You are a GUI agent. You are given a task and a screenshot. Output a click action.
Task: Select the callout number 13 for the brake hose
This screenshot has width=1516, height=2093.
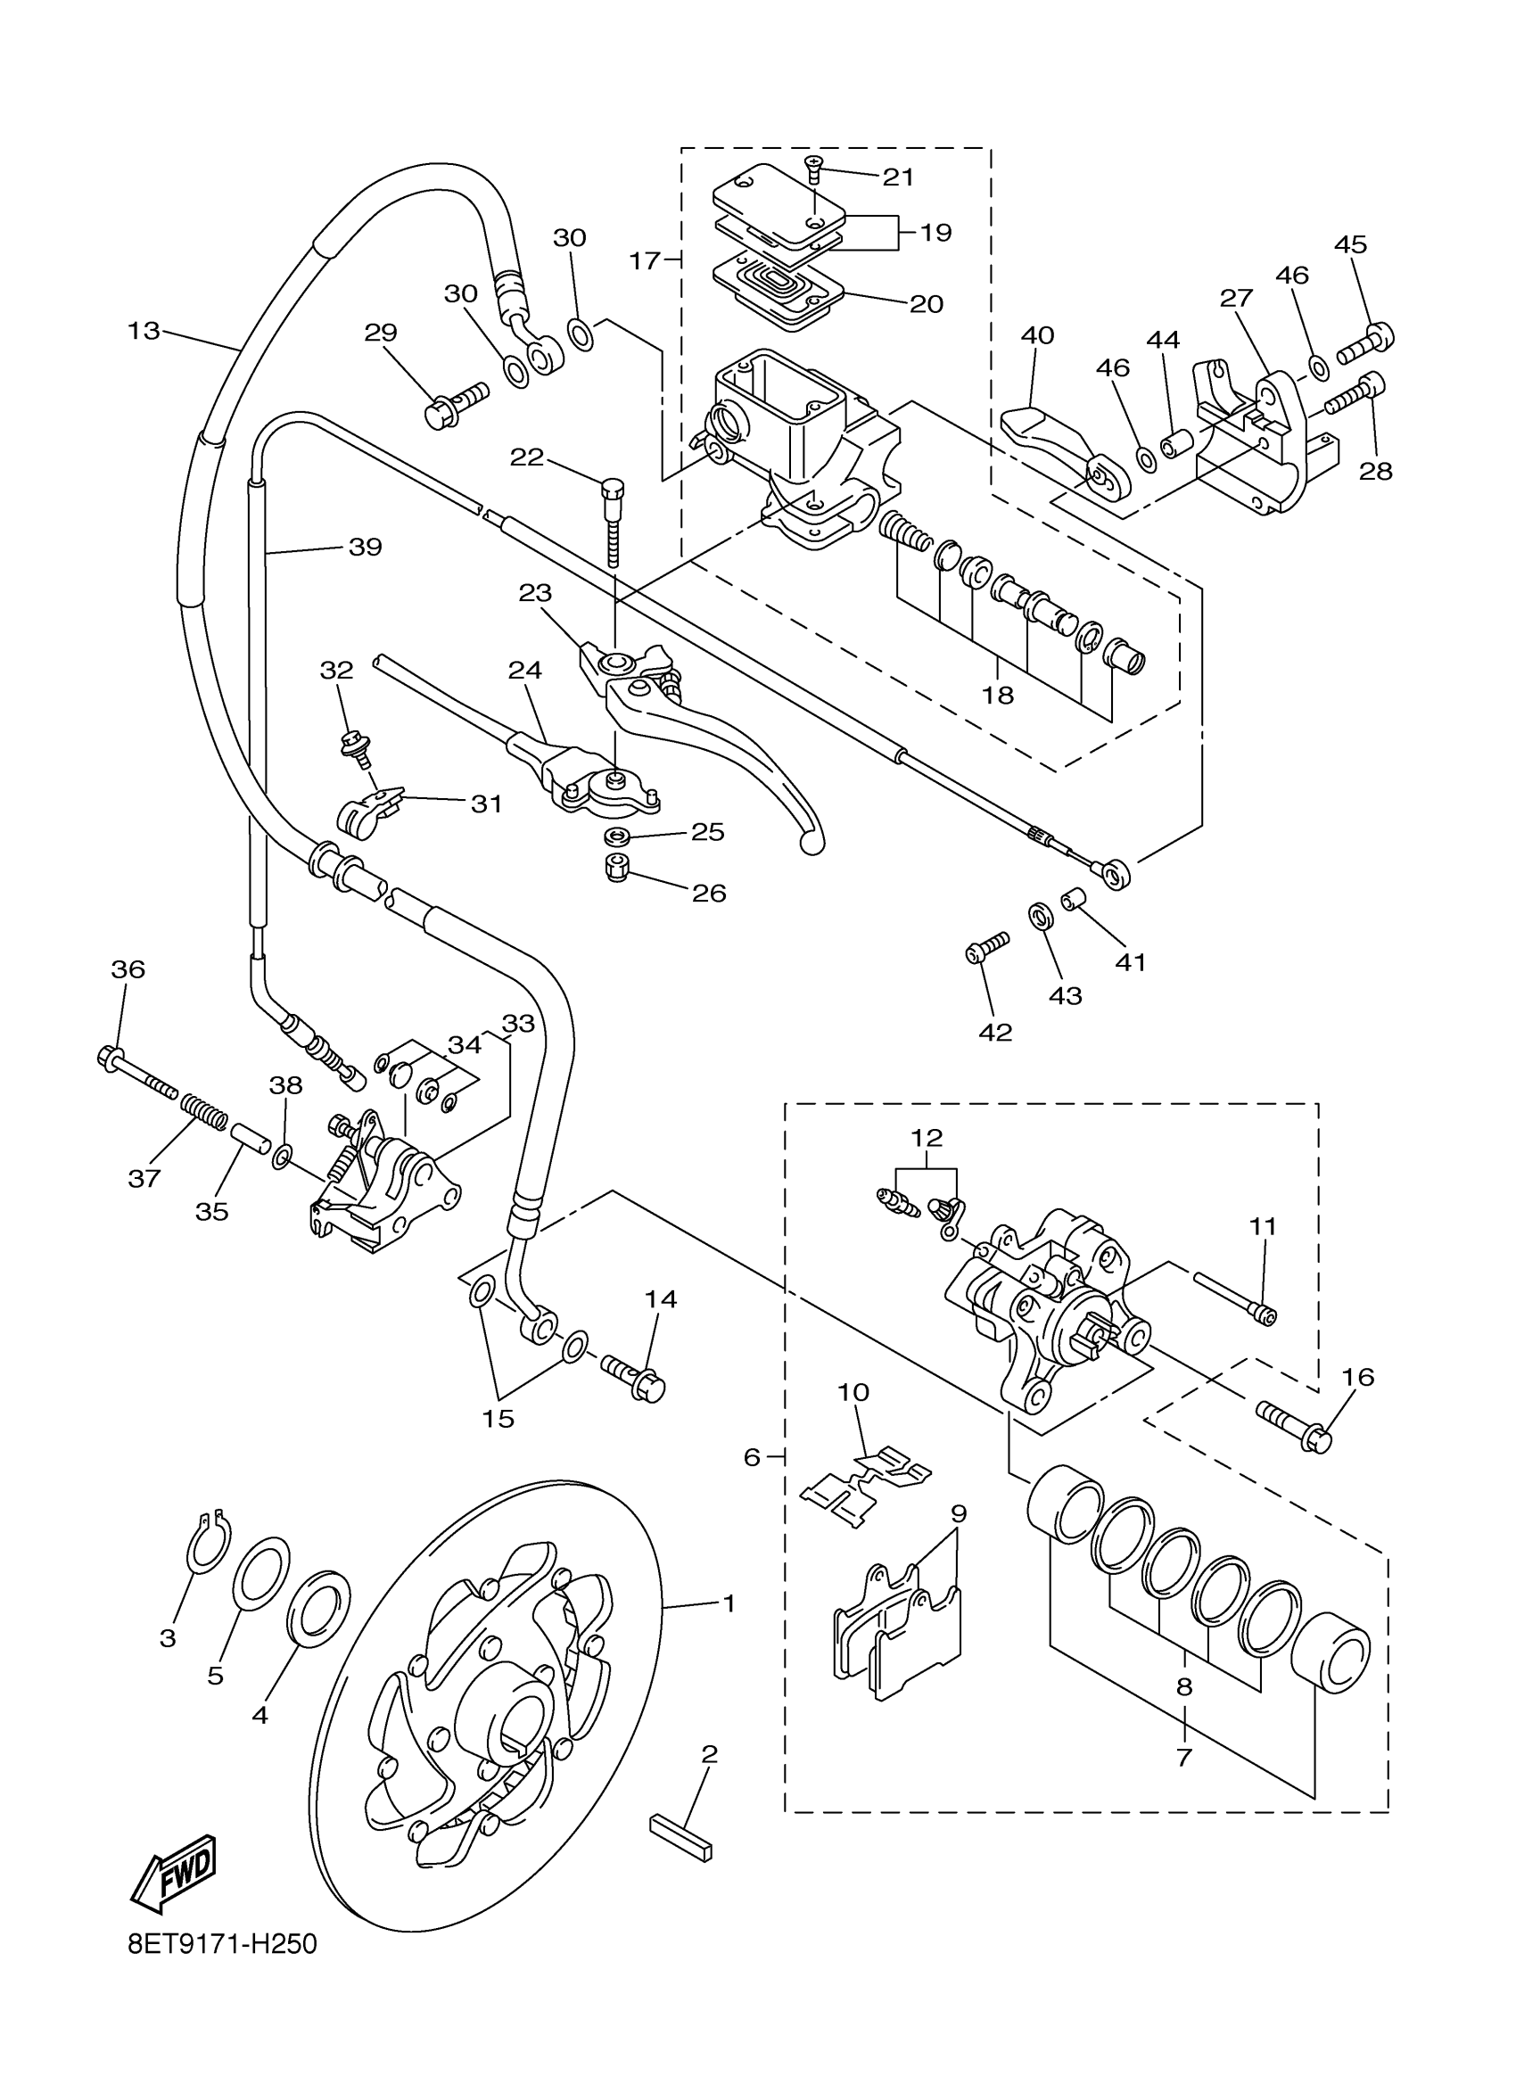point(144,330)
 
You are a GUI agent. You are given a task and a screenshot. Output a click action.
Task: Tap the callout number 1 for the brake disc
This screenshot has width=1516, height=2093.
point(728,1604)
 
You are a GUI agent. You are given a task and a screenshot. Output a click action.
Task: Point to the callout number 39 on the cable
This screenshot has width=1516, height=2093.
point(366,548)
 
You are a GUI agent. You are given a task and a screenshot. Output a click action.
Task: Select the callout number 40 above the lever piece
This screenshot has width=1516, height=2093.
point(1038,335)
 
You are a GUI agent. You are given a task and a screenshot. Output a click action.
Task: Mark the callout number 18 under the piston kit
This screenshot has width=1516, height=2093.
point(998,695)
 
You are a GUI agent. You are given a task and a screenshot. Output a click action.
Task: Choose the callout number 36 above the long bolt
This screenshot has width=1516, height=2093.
point(128,969)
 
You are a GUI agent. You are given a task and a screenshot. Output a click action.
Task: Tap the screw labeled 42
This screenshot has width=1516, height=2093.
point(988,948)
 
